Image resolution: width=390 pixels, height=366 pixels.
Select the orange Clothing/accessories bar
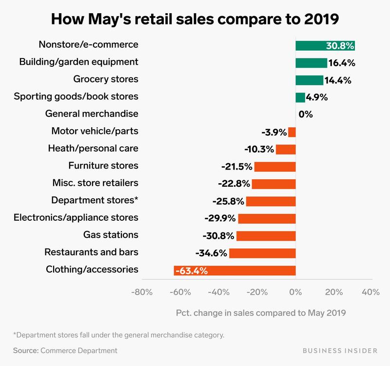point(234,270)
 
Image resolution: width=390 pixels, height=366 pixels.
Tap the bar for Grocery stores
point(309,80)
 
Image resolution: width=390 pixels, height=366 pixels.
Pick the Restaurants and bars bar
point(262,253)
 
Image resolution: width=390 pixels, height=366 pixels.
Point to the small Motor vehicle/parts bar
point(292,132)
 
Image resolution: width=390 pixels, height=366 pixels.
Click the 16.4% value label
point(342,63)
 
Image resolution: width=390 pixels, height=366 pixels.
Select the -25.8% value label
point(228,201)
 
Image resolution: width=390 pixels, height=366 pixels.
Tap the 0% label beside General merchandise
point(306,115)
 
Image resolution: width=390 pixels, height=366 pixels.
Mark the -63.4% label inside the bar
point(192,270)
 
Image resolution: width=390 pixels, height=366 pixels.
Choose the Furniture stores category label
point(103,166)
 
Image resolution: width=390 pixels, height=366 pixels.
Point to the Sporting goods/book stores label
point(76,96)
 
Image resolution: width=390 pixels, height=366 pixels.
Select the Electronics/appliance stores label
point(76,218)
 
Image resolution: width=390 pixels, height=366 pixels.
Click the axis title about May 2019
point(261,313)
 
